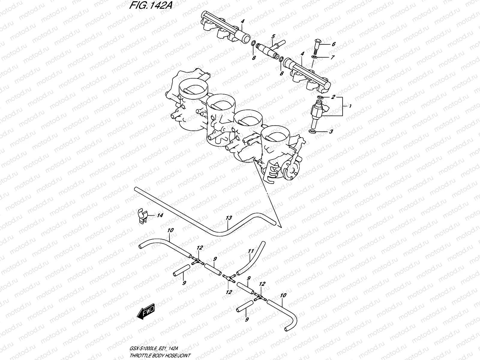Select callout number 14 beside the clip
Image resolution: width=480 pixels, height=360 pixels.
(x=160, y=215)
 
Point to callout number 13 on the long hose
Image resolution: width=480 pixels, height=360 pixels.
(x=229, y=218)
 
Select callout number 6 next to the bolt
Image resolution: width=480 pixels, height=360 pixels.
(x=333, y=44)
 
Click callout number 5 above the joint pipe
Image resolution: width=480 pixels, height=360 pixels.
(x=273, y=37)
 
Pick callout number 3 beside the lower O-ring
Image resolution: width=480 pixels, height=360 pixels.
(x=331, y=131)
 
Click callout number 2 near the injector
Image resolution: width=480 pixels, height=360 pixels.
(x=333, y=97)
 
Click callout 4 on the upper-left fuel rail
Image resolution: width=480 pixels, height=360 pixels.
(x=242, y=21)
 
